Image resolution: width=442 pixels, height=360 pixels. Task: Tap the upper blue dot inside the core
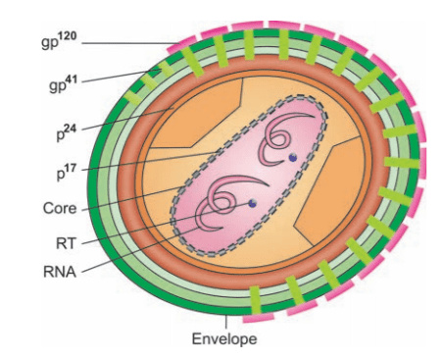[x=291, y=156]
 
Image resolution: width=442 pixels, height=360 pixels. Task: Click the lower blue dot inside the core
[x=253, y=203]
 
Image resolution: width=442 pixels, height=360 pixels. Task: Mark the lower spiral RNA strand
[x=218, y=200]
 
